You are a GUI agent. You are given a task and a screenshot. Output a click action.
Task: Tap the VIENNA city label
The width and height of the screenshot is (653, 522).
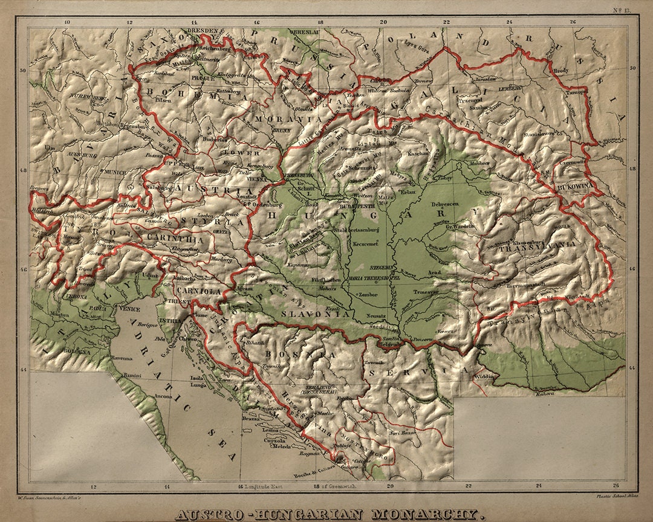(256, 179)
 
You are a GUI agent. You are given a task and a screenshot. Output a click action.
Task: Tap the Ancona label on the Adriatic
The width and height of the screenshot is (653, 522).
(163, 396)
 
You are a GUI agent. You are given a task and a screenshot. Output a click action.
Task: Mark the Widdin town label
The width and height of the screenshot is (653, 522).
(484, 376)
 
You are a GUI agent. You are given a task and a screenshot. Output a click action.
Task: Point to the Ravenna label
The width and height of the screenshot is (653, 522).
(120, 358)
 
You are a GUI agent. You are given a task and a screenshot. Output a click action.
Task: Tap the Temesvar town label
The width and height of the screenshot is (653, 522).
(425, 291)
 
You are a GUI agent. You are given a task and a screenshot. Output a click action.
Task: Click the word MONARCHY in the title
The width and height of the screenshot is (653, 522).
(427, 515)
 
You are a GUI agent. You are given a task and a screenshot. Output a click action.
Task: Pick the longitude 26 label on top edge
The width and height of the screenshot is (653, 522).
(573, 22)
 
